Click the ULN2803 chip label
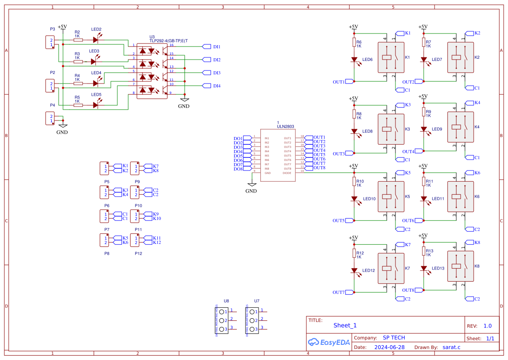tap(286, 127)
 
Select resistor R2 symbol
tap(78, 40)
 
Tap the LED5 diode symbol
tap(96, 105)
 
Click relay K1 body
tap(391, 57)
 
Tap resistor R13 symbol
tap(424, 251)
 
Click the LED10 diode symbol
tap(354, 199)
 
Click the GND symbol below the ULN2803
tap(251, 186)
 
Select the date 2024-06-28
tap(389, 347)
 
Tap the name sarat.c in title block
tap(451, 347)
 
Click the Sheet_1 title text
tap(345, 325)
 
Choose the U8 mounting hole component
tap(223, 320)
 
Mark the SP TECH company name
tap(394, 338)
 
